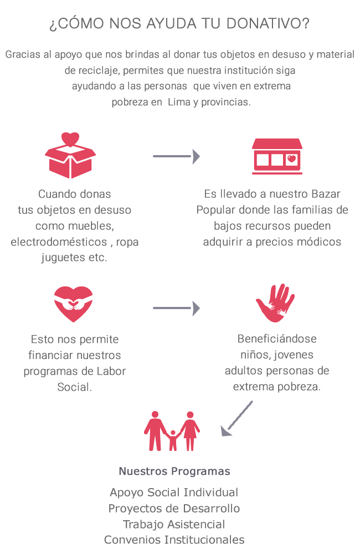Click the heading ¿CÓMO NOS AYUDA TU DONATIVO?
pyautogui.click(x=179, y=24)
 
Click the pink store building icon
pyautogui.click(x=277, y=156)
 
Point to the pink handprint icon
pyautogui.click(x=275, y=303)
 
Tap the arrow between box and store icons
pyautogui.click(x=176, y=157)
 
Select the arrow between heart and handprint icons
pyautogui.click(x=176, y=307)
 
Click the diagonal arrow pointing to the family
pyautogui.click(x=236, y=419)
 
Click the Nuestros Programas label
pyautogui.click(x=174, y=471)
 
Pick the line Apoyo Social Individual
pyautogui.click(x=174, y=493)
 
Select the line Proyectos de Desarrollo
pyautogui.click(x=174, y=509)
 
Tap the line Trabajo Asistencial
pyautogui.click(x=174, y=524)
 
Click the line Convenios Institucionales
pyautogui.click(x=174, y=540)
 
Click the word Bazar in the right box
pyautogui.click(x=326, y=194)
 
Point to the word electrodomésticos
pyautogui.click(x=58, y=242)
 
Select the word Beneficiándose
pyautogui.click(x=277, y=339)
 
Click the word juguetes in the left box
pyautogui.click(x=63, y=258)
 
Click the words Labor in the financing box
pyautogui.click(x=111, y=371)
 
